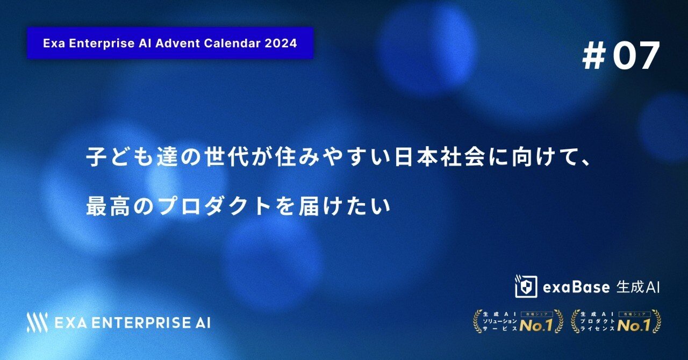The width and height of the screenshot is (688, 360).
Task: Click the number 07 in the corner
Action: (x=636, y=56)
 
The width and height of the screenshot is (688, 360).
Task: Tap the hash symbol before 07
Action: (x=593, y=56)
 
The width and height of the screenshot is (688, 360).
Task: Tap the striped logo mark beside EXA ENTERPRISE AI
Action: (x=37, y=322)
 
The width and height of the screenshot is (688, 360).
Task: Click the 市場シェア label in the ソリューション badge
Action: (x=537, y=314)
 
